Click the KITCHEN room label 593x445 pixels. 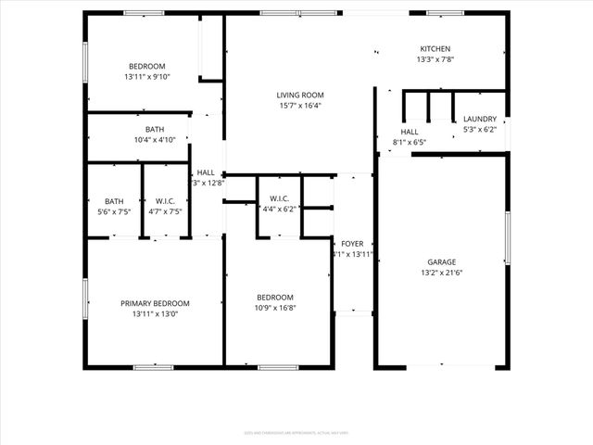pos(435,49)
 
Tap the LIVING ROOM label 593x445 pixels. pos(299,95)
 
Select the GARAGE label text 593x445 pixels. pos(441,262)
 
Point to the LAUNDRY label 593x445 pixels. pos(480,119)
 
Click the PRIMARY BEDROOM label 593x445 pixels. pos(155,303)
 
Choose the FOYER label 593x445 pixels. pos(352,243)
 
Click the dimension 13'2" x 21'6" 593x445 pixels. pos(441,273)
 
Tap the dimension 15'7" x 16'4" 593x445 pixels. pos(299,106)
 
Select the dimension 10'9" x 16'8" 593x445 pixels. pos(277,308)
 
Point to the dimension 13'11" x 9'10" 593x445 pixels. pos(146,77)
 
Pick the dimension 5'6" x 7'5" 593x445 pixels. pos(114,211)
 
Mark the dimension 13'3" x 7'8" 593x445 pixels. pos(435,60)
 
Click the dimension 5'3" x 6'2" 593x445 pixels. pos(480,130)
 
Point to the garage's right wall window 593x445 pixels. pos(507,238)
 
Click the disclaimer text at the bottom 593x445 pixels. pos(296,432)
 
